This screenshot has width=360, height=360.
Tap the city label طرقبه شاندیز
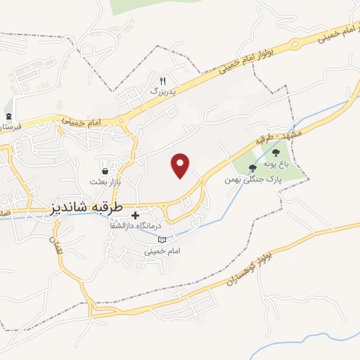pos(87,209)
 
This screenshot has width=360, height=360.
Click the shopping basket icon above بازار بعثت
pos(105,170)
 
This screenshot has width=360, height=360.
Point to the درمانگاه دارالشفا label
pos(159,225)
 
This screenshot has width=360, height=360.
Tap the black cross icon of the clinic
pos(135,214)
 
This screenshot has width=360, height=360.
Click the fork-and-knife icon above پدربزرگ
pos(163,81)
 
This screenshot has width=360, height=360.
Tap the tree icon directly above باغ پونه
pos(277,150)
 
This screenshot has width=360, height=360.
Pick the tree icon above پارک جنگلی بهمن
pos(253,167)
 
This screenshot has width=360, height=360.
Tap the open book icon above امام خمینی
pos(163,240)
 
